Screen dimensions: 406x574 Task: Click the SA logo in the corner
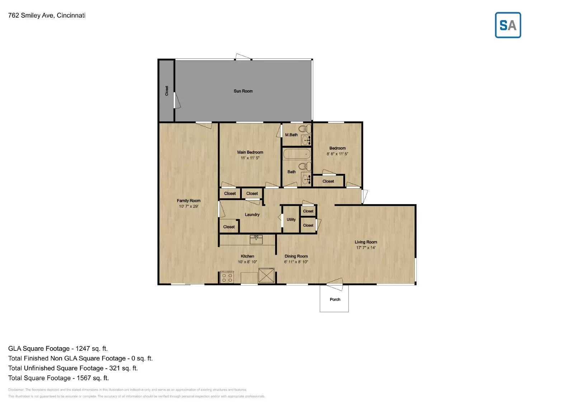508,25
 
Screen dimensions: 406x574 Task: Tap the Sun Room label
243,91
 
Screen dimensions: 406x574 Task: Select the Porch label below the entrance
335,299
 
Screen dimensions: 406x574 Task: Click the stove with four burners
227,277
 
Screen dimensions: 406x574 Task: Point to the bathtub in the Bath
297,154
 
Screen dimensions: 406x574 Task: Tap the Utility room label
291,219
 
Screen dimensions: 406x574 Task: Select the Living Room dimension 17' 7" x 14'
366,247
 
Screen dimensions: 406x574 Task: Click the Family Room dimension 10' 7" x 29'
188,206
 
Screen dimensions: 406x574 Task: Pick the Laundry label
252,214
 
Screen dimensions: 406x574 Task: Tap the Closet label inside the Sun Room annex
166,91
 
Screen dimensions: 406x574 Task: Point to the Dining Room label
296,256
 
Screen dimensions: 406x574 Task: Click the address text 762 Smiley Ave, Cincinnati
47,15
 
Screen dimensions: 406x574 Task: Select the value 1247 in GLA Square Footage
83,349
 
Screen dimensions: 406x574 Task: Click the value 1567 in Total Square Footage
84,378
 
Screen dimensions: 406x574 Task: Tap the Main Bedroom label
250,152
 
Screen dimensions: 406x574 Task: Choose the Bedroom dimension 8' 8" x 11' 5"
337,154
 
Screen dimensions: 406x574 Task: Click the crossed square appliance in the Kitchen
267,275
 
